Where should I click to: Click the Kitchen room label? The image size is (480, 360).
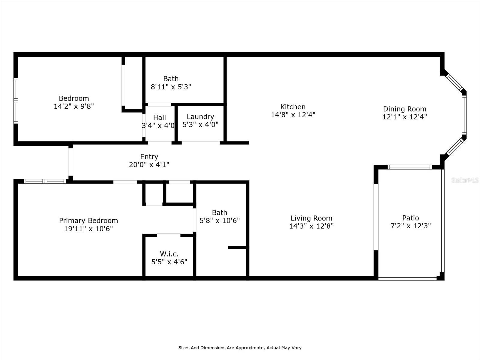pos(293,107)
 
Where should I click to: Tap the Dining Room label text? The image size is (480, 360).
pos(404,109)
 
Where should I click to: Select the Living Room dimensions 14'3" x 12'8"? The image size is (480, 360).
pos(311,226)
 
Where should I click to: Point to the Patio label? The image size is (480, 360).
pos(410,218)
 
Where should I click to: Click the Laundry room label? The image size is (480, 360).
pos(200,117)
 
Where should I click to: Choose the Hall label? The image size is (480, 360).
pos(159,118)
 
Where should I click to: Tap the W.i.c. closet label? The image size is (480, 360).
pos(169,254)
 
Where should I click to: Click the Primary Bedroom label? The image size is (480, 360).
pos(88,220)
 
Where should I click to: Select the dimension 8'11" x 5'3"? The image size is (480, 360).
pos(171,87)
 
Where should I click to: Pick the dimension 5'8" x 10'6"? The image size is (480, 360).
pos(220,221)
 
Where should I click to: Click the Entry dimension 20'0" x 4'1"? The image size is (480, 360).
pos(149,165)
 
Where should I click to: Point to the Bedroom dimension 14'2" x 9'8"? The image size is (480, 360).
pos(74,106)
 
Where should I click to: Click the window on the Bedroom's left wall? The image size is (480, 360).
pos(16,100)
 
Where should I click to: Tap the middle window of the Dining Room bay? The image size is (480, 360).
pos(464,115)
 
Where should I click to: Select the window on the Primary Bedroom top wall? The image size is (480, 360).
pos(45,181)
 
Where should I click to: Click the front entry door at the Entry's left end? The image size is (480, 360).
pos(71,162)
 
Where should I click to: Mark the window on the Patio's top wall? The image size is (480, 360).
pos(409,167)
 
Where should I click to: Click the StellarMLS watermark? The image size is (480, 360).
pos(465,180)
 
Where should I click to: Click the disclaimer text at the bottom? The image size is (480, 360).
pos(240,348)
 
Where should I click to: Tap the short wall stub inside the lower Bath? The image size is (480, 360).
pos(237,247)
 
